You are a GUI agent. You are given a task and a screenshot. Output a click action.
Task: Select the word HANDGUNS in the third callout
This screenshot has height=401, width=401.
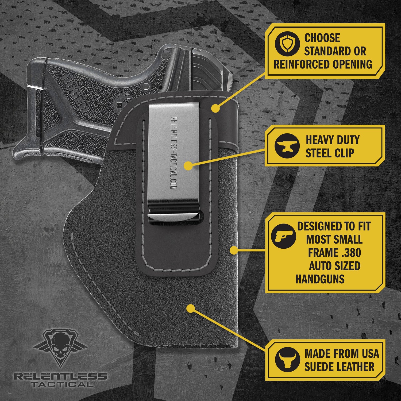click(320, 279)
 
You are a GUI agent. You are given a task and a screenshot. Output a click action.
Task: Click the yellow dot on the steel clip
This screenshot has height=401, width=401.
click(188, 166)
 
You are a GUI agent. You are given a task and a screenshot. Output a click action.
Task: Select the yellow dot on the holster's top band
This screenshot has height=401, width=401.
click(215, 108)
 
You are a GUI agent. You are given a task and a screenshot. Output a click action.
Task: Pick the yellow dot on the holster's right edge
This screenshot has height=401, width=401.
click(234, 250)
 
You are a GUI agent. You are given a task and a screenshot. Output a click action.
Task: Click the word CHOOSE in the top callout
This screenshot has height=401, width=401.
click(322, 38)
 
